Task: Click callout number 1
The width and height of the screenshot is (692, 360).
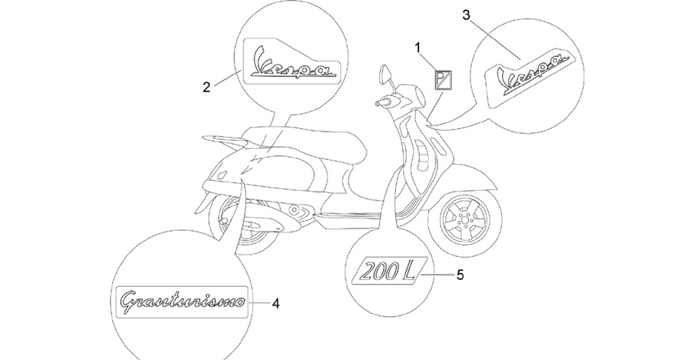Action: tap(418, 48)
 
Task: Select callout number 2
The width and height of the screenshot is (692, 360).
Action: tap(207, 87)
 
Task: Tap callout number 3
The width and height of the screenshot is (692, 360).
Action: tap(466, 15)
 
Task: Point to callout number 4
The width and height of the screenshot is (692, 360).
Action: tap(276, 303)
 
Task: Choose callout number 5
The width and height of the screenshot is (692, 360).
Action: tap(460, 275)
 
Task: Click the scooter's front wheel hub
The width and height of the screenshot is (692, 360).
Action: tap(464, 218)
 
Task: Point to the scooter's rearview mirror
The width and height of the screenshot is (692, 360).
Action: tap(385, 74)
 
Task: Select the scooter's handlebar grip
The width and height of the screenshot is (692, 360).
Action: tap(382, 102)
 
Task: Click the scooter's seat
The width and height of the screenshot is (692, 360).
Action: tap(300, 142)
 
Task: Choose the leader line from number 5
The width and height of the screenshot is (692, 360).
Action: tap(437, 275)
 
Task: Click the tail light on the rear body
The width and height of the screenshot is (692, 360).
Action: tap(218, 175)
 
